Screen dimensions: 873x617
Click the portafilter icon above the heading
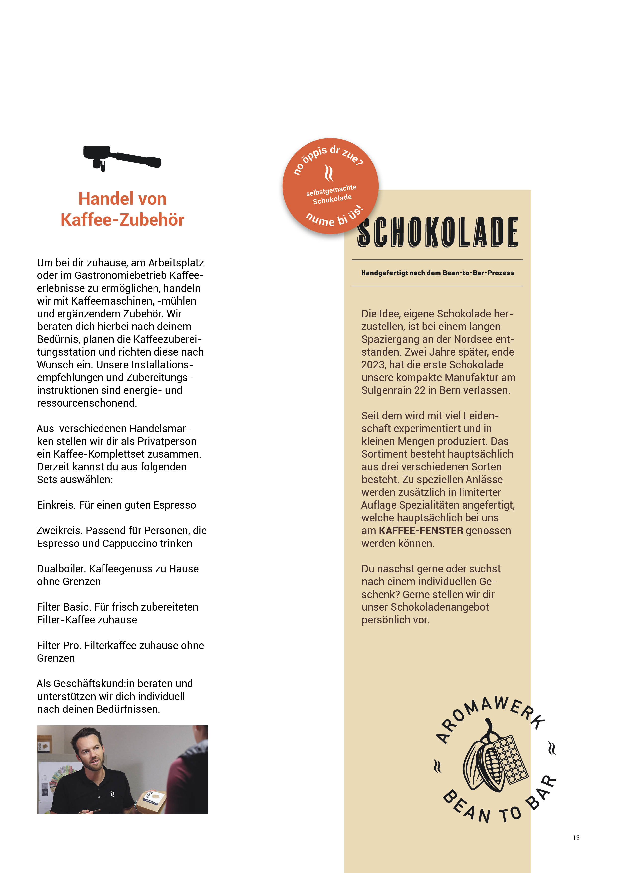tap(122, 158)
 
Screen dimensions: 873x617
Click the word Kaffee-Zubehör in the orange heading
tap(122, 220)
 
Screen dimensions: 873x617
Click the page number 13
tap(576, 838)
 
